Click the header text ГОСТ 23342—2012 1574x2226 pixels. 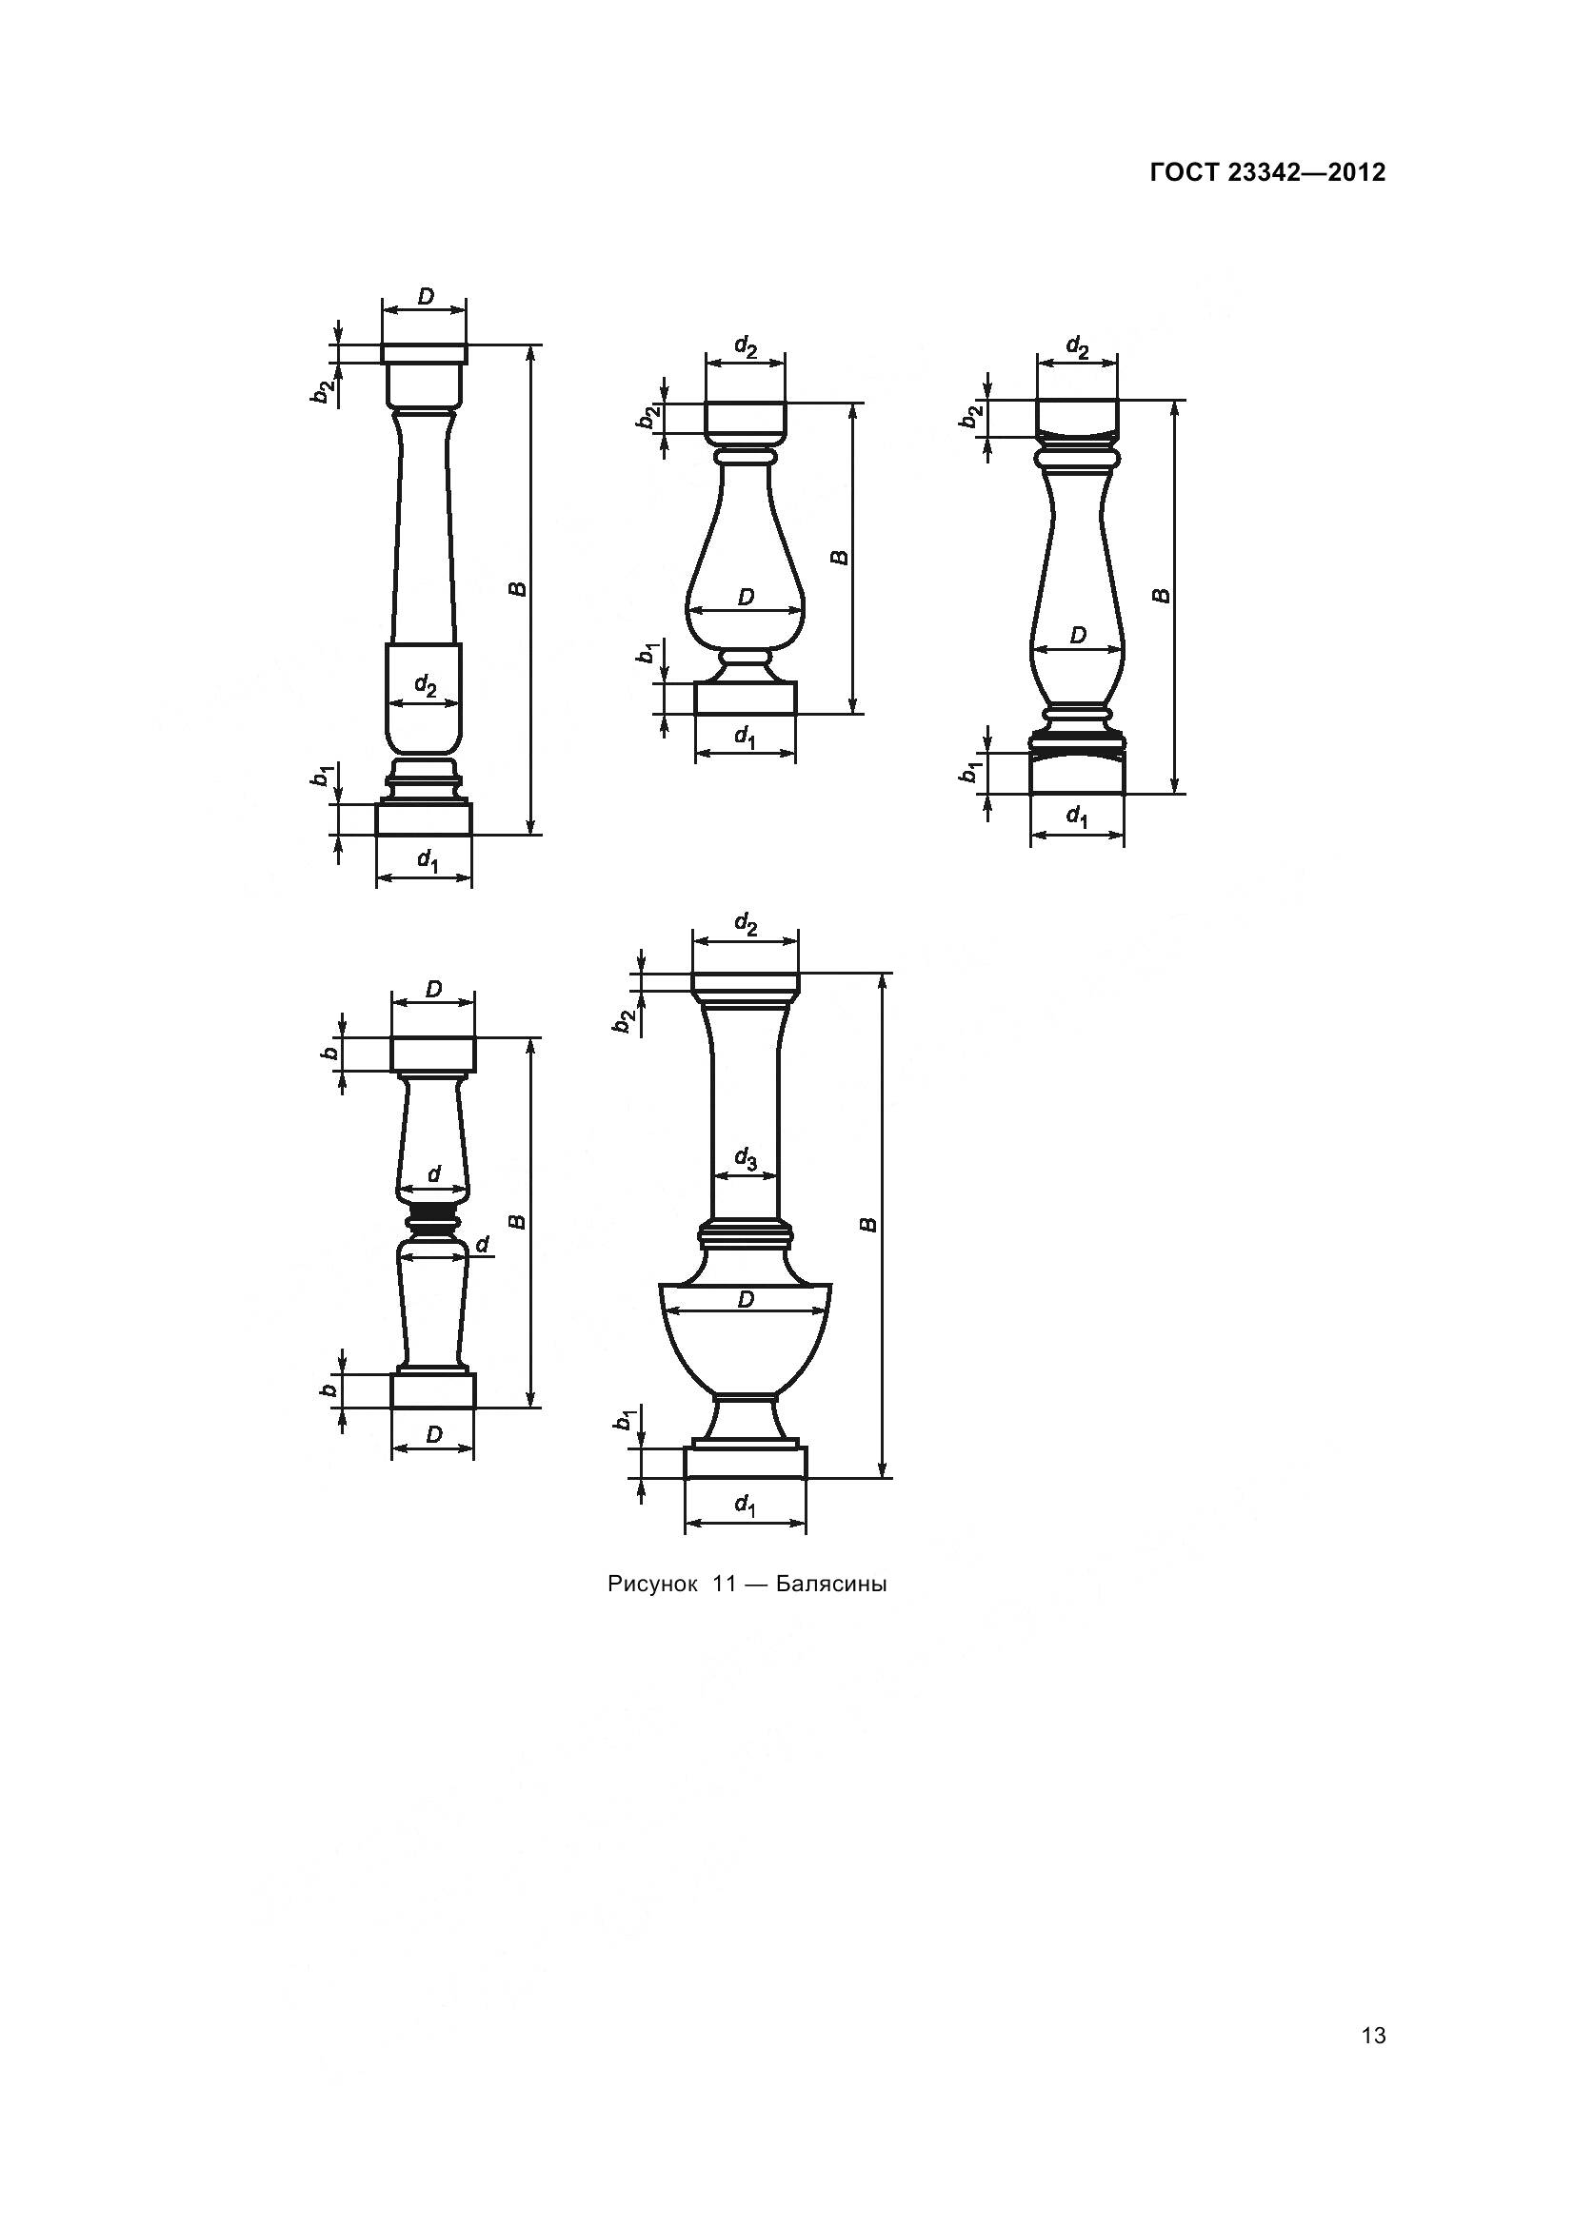(1266, 172)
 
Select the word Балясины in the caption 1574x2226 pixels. (831, 1585)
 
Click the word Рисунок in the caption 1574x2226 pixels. (651, 1585)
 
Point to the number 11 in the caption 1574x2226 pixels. (724, 1585)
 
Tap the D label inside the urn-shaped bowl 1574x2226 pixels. (745, 1299)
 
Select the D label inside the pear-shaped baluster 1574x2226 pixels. (745, 598)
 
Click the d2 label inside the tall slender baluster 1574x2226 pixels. (425, 685)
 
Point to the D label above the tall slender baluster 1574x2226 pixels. (426, 297)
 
